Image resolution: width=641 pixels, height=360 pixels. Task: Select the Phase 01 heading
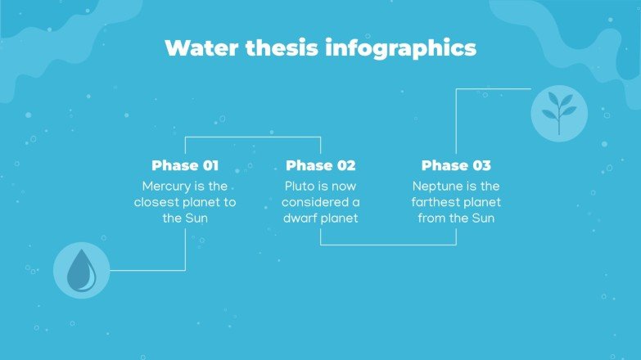[185, 165]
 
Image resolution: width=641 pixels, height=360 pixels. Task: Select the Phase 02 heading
[320, 165]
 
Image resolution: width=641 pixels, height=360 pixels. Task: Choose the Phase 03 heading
[456, 165]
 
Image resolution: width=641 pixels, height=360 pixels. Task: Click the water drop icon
[81, 270]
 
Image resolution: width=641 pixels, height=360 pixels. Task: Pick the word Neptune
[439, 187]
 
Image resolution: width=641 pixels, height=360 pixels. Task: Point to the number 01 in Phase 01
[208, 165]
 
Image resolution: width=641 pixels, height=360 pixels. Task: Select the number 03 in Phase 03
[480, 165]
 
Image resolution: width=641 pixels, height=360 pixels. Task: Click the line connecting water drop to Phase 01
[147, 270]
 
